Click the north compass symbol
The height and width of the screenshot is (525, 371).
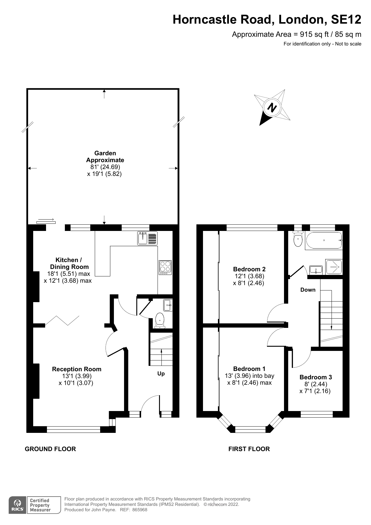tap(272, 107)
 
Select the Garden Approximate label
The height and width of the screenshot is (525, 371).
tap(105, 156)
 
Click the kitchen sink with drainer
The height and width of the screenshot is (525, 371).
tap(147, 238)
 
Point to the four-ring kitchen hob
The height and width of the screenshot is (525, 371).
tap(165, 267)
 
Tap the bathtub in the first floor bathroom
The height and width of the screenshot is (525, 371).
tap(324, 241)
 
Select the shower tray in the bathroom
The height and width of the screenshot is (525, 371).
tap(334, 267)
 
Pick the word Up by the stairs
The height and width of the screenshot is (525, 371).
tap(161, 374)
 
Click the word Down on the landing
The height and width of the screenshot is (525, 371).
tap(308, 290)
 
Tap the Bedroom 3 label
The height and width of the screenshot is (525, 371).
tap(315, 377)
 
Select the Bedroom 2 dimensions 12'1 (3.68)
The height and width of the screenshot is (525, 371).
tap(249, 276)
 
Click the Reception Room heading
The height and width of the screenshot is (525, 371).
tap(77, 369)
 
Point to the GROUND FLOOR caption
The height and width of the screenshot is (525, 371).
tap(50, 449)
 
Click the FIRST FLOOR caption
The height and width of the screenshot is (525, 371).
tap(249, 449)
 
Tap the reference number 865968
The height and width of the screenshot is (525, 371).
tap(140, 510)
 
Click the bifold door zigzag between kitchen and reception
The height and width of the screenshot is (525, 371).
tap(62, 320)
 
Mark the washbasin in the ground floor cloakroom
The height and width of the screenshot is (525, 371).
tap(168, 305)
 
